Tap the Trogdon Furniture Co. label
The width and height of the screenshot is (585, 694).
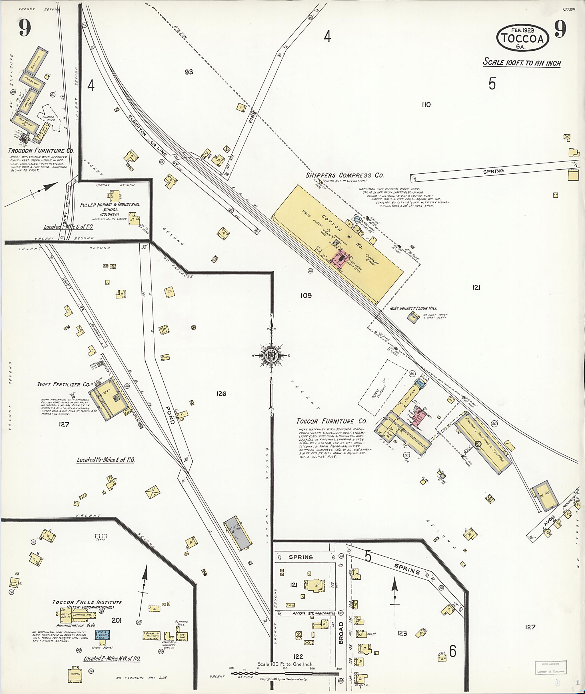[41, 151]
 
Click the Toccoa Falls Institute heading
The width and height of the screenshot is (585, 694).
[87, 602]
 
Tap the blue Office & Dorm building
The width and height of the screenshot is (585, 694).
[103, 635]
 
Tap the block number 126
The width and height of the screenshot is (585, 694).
[221, 393]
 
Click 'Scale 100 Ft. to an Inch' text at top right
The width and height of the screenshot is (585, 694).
[522, 62]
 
